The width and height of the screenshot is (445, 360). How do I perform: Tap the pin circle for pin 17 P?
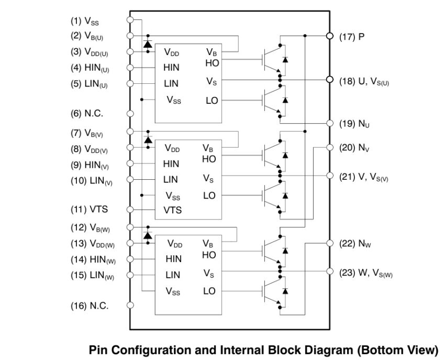[330, 36]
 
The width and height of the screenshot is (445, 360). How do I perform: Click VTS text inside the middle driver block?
[172, 210]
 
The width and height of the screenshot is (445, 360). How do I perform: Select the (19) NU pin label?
[354, 125]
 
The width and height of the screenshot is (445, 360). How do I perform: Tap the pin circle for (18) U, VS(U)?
[330, 80]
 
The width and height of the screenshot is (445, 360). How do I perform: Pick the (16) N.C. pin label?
[90, 306]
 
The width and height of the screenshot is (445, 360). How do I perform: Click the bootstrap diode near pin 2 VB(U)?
[148, 45]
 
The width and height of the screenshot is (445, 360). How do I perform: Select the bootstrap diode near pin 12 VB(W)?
[148, 236]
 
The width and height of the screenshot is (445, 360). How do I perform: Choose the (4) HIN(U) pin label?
[90, 68]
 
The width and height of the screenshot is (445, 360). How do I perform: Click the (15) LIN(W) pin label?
[92, 276]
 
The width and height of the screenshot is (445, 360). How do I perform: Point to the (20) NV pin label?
[354, 148]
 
